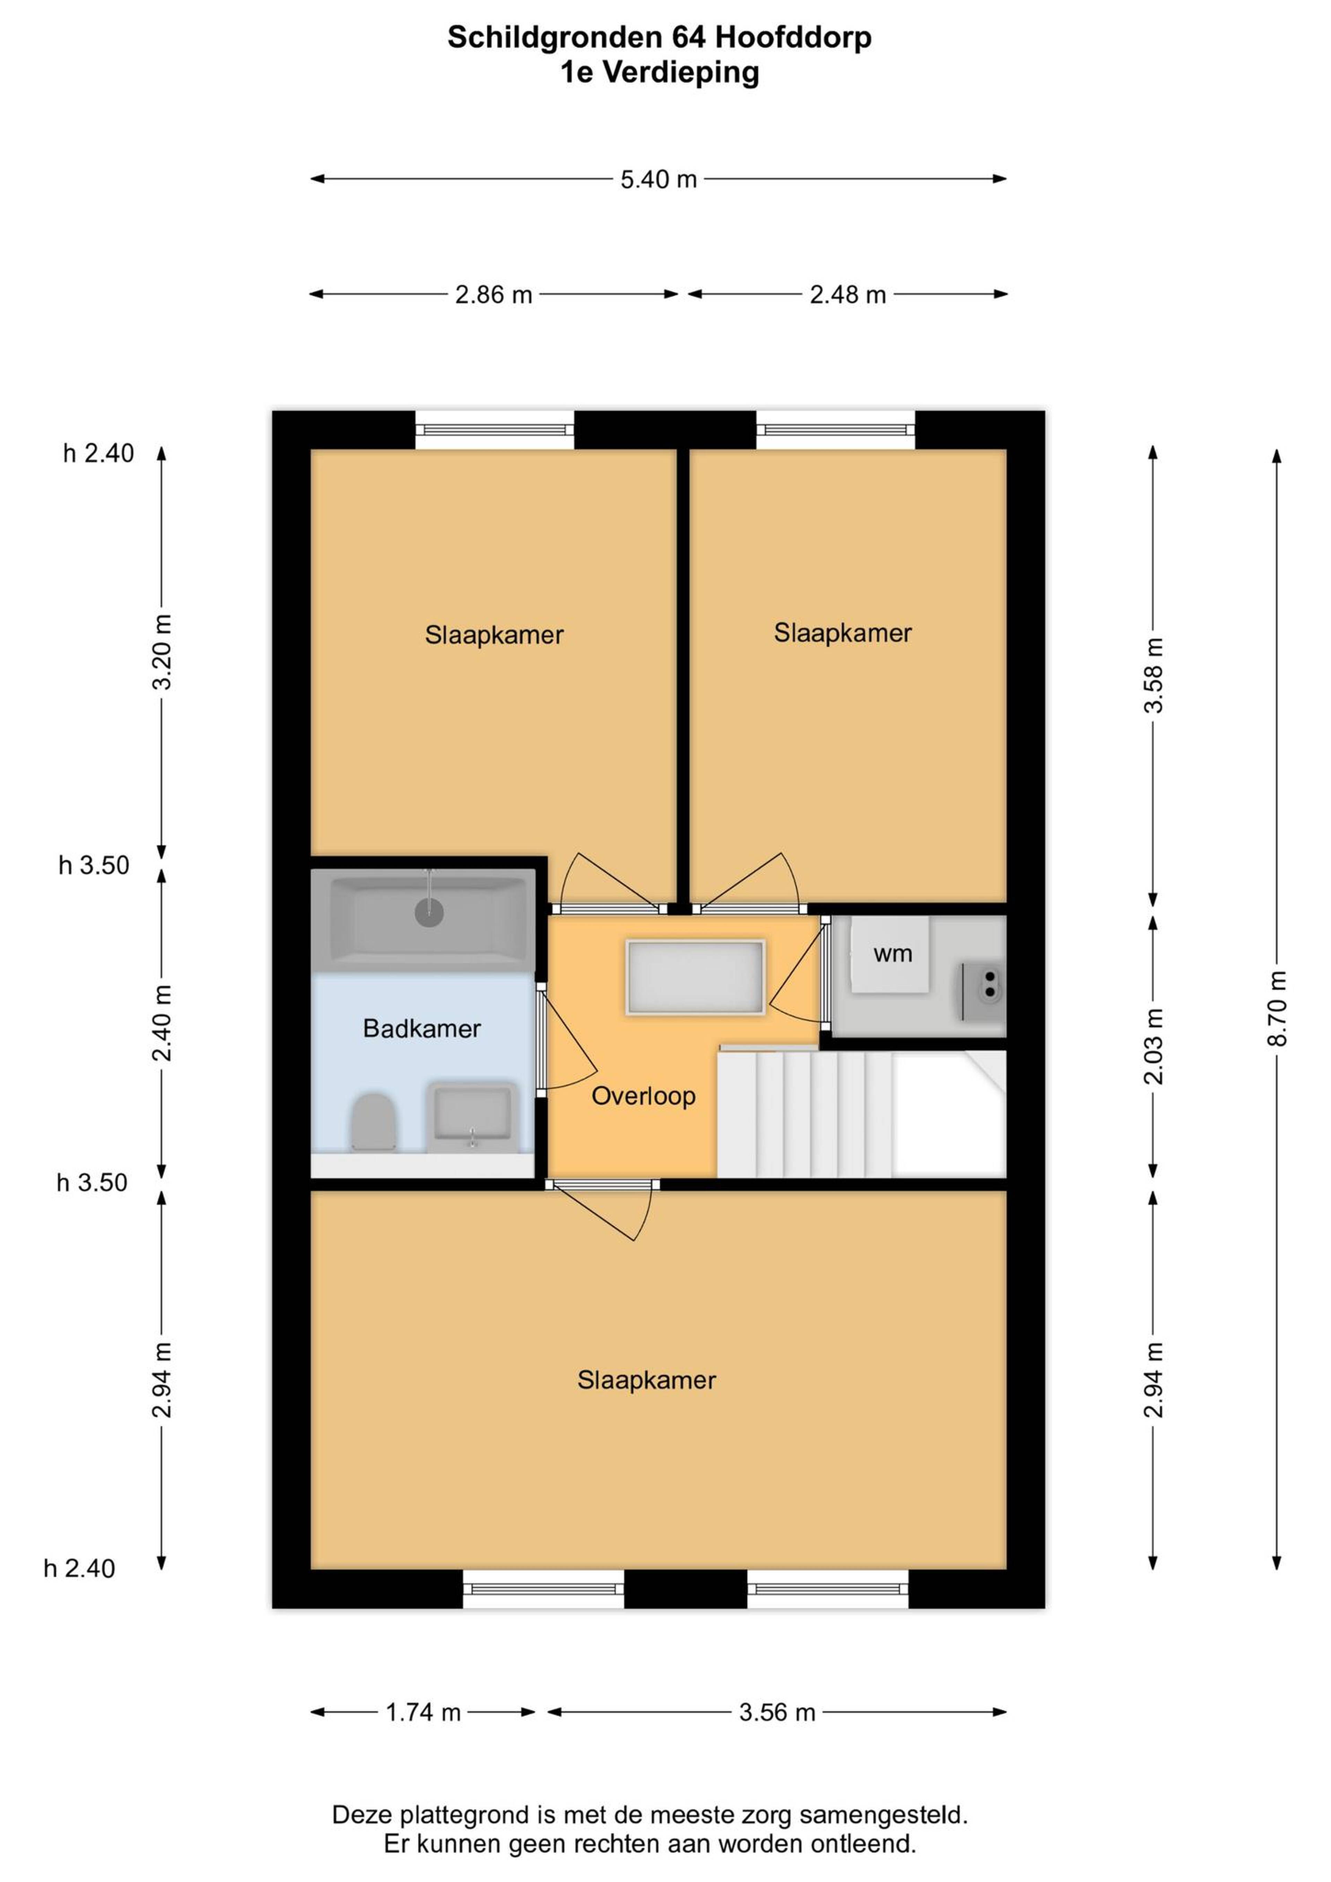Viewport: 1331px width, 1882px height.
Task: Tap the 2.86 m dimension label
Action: (x=494, y=295)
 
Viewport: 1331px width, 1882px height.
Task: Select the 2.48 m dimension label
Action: (x=848, y=295)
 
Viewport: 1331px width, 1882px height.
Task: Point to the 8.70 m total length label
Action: (x=1277, y=1008)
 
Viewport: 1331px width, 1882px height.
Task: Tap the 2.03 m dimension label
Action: (x=1154, y=1047)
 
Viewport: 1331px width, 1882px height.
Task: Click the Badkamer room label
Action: (x=421, y=1029)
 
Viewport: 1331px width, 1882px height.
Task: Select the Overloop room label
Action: (x=644, y=1096)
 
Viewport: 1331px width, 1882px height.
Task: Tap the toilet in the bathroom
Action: (x=374, y=1122)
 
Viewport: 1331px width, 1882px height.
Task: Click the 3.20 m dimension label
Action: (x=162, y=652)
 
